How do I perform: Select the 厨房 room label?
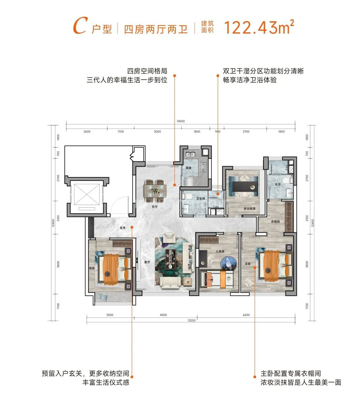(188, 168)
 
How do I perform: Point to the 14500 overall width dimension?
(181, 121)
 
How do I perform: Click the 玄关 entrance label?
(122, 228)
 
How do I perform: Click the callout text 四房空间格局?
(147, 71)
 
